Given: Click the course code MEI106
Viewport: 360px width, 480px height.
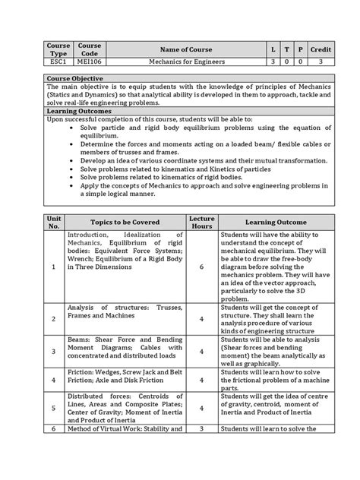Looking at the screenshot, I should coord(89,62).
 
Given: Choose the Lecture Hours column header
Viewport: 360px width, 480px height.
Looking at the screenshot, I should coord(201,221).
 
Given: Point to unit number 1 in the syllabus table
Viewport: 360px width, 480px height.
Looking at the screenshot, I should coord(54,267).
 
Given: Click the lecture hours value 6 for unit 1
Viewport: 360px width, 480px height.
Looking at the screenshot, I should coord(201,267).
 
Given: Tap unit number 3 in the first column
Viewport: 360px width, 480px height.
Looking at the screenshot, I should coord(54,352).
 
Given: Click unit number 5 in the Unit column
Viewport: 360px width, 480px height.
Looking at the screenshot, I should coord(54,407).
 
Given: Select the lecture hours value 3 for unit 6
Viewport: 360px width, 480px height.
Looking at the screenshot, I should coord(201,430).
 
